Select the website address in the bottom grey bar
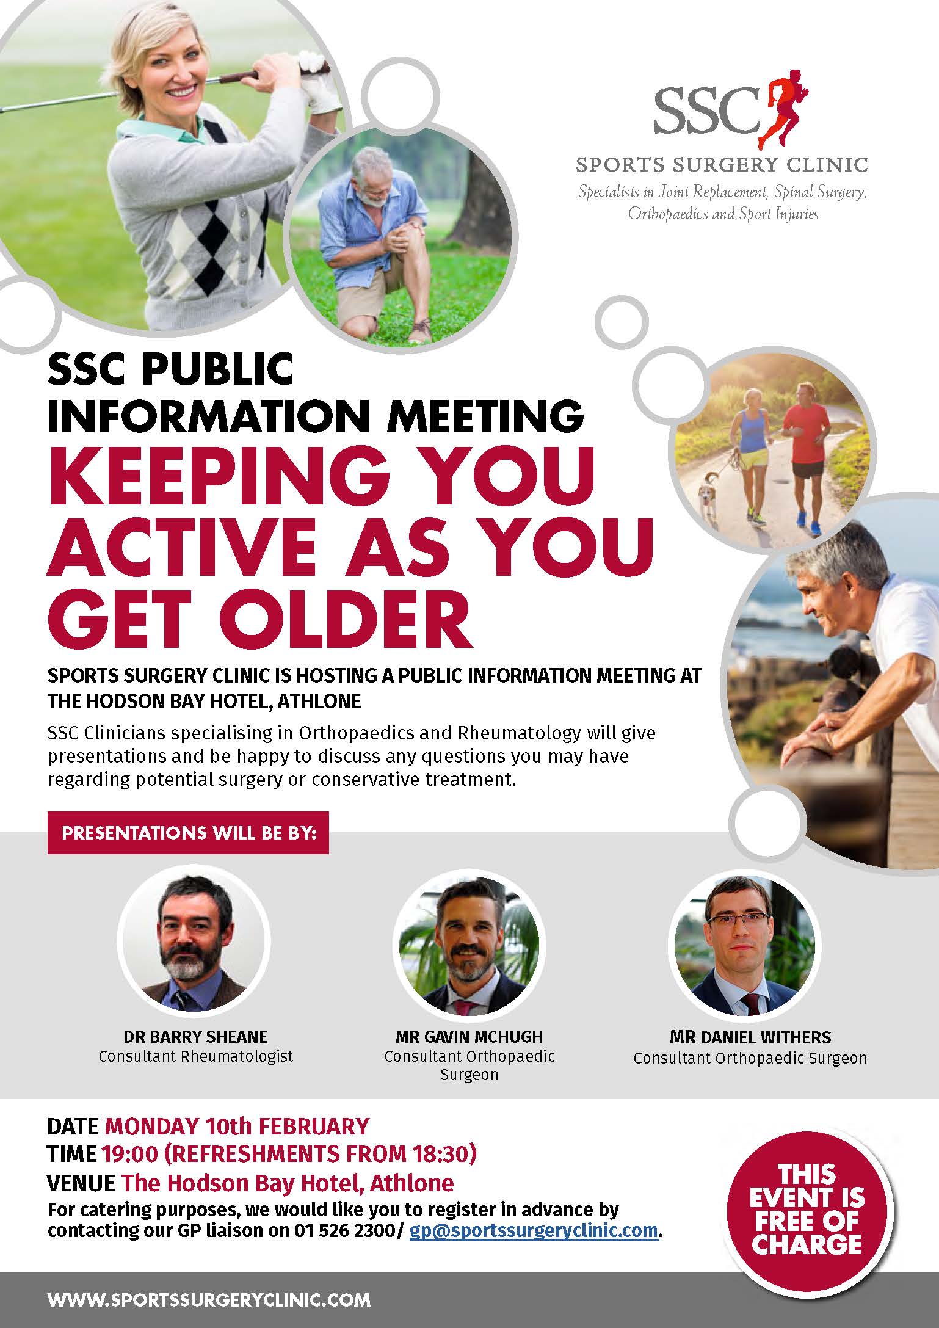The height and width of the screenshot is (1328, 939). (x=209, y=1299)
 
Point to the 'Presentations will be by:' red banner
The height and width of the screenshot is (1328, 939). (x=188, y=833)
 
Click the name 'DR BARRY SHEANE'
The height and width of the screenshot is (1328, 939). (x=195, y=1037)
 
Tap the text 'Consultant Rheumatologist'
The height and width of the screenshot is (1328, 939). (x=195, y=1056)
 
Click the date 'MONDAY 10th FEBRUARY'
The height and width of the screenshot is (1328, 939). (x=237, y=1126)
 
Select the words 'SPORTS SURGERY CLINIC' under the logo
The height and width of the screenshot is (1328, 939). (x=722, y=164)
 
